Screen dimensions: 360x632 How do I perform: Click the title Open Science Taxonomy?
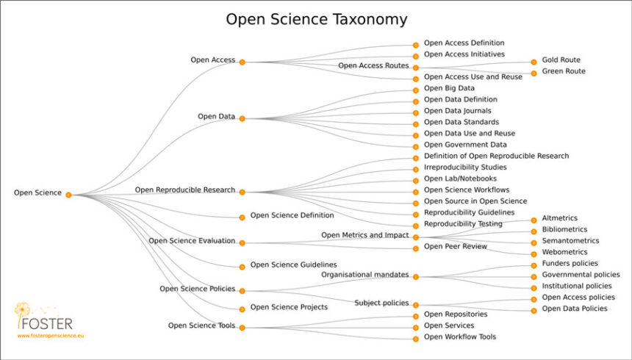(x=316, y=19)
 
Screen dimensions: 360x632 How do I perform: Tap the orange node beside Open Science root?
(x=68, y=195)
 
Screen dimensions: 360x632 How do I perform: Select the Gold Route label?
(x=561, y=60)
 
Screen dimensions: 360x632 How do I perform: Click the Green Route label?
(x=562, y=72)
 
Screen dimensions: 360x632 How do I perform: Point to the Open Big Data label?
(x=449, y=88)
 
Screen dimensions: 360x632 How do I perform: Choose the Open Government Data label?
(x=465, y=145)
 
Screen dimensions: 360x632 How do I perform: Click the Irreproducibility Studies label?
(x=464, y=168)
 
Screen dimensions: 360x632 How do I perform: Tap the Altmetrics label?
(x=559, y=218)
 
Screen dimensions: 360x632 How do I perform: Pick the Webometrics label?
(x=564, y=252)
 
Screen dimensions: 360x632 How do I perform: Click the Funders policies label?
(x=570, y=263)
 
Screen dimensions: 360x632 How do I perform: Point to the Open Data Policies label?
(x=574, y=309)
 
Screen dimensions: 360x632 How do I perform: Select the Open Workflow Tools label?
(x=460, y=337)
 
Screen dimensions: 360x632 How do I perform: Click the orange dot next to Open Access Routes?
(x=415, y=67)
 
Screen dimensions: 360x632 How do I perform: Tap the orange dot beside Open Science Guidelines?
(x=242, y=266)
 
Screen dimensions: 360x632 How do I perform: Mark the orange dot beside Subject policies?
(x=415, y=304)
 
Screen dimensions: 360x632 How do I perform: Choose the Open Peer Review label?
(x=455, y=247)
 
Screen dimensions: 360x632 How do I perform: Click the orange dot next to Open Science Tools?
(x=242, y=327)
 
